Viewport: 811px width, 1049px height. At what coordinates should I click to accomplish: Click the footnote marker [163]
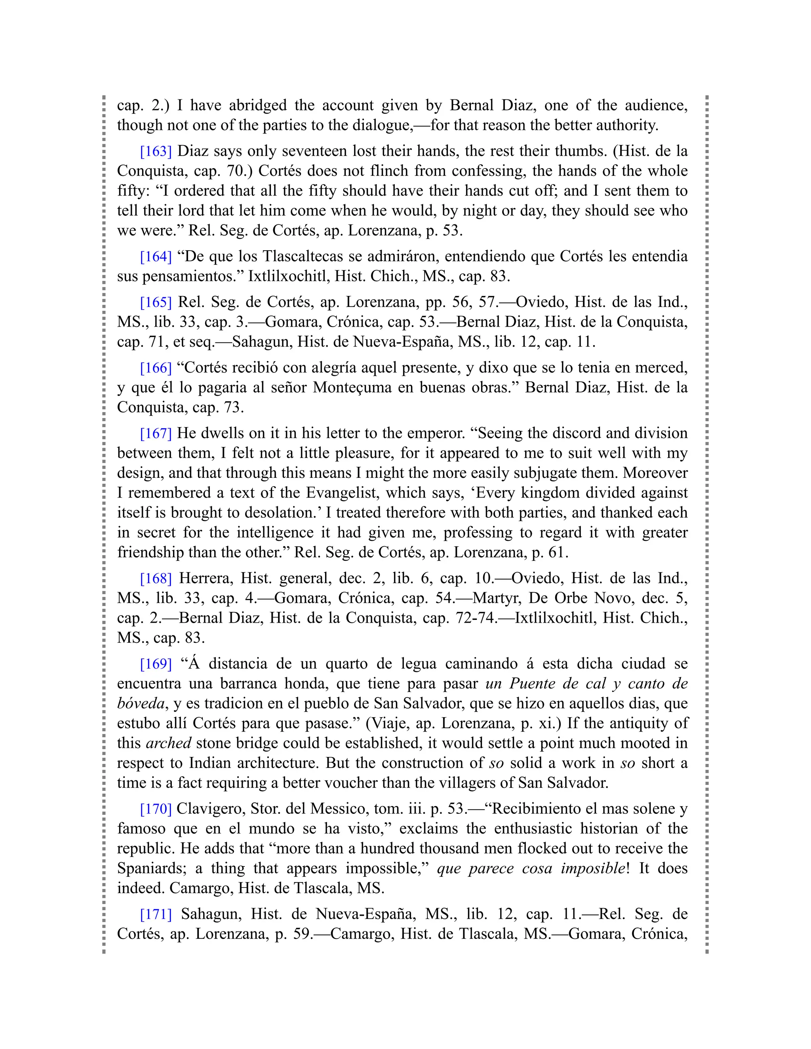pos(156,151)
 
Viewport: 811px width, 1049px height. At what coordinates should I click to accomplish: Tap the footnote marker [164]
pos(156,257)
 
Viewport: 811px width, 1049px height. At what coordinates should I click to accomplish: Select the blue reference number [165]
pos(156,302)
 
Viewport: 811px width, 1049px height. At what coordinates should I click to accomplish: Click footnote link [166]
pos(156,368)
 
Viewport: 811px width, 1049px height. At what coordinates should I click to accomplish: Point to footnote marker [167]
pos(156,433)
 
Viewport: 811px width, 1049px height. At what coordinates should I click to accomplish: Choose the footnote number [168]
pos(156,578)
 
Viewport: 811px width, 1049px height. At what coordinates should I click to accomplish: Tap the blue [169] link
pos(156,664)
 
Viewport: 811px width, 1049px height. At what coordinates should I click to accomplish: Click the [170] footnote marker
pos(156,809)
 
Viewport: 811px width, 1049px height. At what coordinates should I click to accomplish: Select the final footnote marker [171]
pos(156,914)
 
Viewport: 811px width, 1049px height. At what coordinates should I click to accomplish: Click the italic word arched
pos(168,743)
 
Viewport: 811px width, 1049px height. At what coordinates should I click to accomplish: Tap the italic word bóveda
pos(141,704)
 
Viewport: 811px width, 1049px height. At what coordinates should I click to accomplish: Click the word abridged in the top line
pos(257,105)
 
